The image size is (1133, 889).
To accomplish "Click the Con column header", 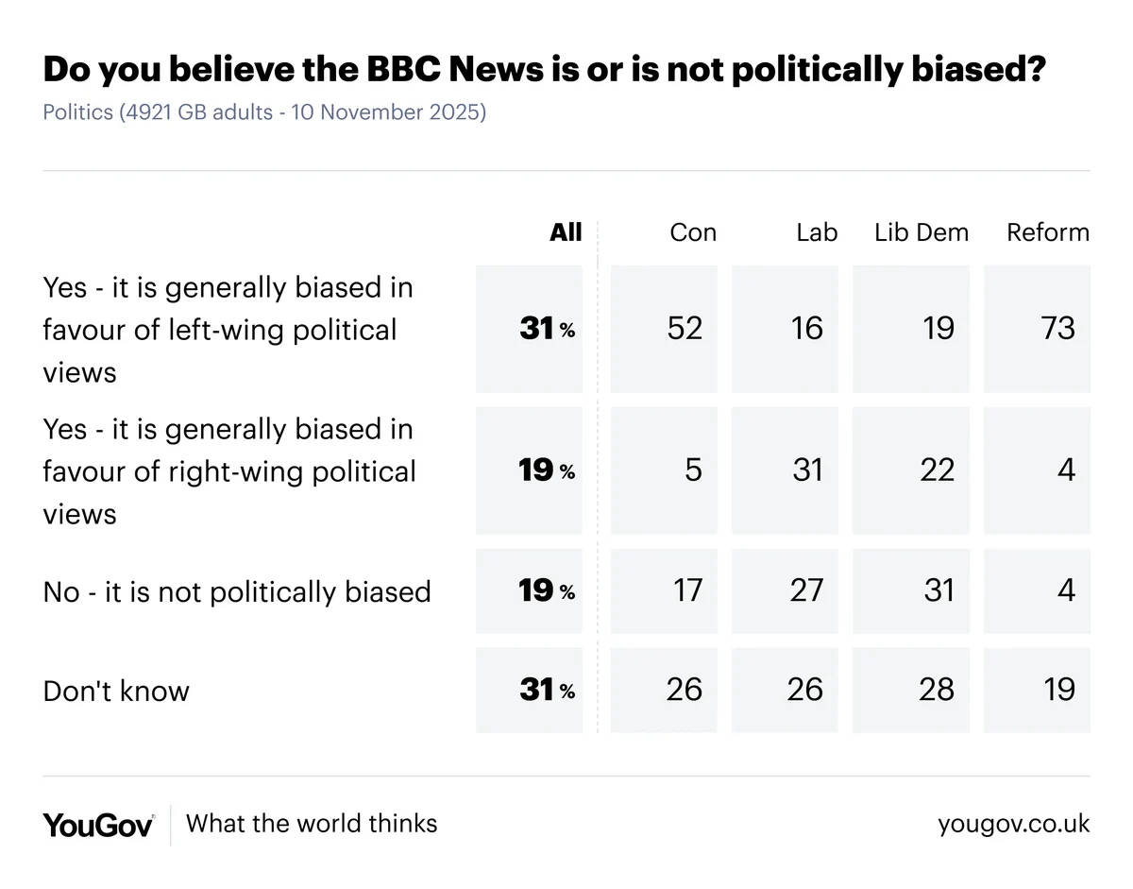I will pyautogui.click(x=693, y=232).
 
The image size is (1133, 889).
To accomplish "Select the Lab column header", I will pyautogui.click(x=817, y=232).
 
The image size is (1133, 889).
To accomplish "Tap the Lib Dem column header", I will pyautogui.click(x=922, y=232).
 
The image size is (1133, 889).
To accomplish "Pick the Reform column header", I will pyautogui.click(x=1048, y=232).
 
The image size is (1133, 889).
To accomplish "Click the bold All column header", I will pyautogui.click(x=566, y=232).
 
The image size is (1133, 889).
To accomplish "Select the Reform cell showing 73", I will pyautogui.click(x=1058, y=328).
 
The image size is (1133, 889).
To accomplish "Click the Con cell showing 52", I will pyautogui.click(x=684, y=328).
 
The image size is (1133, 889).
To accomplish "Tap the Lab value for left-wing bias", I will pyautogui.click(x=807, y=328).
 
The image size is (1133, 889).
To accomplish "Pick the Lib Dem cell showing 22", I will pyautogui.click(x=937, y=470).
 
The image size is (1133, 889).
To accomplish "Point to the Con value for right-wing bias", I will pyautogui.click(x=693, y=470).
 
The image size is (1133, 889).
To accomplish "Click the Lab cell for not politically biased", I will pyautogui.click(x=807, y=590).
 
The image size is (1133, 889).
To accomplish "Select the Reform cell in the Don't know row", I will pyautogui.click(x=1058, y=690).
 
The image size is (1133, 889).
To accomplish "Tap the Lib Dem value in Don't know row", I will pyautogui.click(x=937, y=690).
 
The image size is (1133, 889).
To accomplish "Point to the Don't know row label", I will pyautogui.click(x=116, y=691).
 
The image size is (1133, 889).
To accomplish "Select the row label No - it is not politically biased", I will pyautogui.click(x=237, y=591).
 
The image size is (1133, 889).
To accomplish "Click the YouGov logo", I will pyautogui.click(x=98, y=824).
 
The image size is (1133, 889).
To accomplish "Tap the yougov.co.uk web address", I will pyautogui.click(x=1013, y=824).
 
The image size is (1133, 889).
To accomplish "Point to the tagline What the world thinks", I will pyautogui.click(x=312, y=823).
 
